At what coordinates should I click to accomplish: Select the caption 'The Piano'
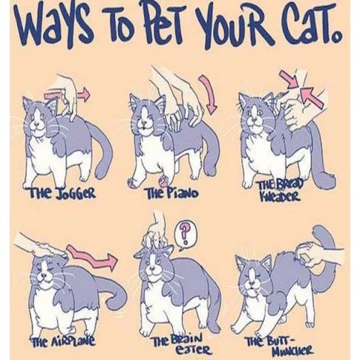[x=172, y=193]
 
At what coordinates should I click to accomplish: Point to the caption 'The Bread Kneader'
[x=280, y=192]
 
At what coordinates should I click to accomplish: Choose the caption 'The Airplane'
[x=62, y=340]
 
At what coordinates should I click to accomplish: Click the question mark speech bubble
[x=184, y=235]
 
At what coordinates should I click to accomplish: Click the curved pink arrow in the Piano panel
[x=209, y=94]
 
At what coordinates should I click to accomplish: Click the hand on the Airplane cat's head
[x=43, y=247]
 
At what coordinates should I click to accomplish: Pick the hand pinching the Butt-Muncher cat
[x=317, y=253]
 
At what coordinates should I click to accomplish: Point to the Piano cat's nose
[x=144, y=122]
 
